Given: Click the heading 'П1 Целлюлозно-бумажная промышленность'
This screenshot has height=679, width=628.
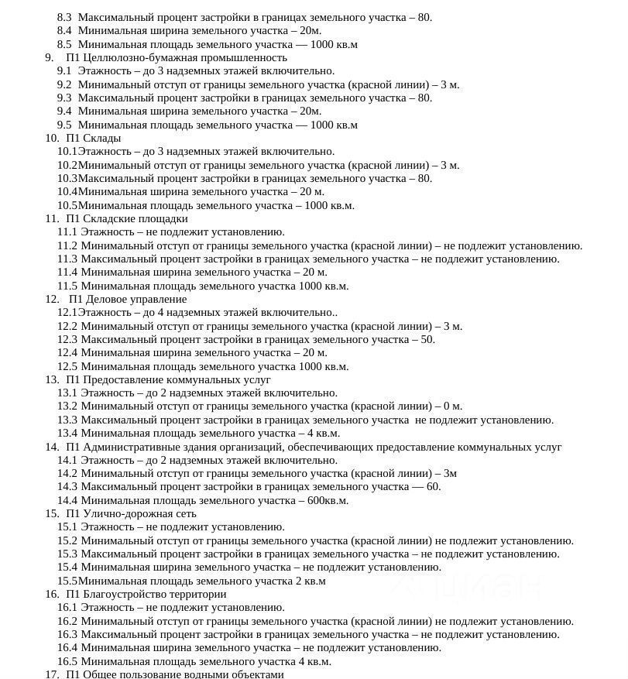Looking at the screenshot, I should [177, 57].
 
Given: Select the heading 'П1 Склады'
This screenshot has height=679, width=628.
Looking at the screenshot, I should [94, 138].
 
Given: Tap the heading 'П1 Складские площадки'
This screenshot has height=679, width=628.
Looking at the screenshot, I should [127, 218].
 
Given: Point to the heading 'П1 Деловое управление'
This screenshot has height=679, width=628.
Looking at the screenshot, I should [128, 299].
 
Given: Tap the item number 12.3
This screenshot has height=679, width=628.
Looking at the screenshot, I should [67, 339].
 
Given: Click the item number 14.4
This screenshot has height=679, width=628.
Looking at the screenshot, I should [67, 500].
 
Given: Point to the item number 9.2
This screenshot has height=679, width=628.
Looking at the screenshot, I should [64, 84].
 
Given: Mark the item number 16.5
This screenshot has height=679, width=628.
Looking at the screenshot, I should [67, 661].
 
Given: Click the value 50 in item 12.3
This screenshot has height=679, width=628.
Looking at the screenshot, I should [427, 339].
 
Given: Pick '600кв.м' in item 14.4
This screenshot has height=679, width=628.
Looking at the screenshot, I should [328, 500].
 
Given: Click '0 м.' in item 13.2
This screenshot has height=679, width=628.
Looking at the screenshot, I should [453, 406].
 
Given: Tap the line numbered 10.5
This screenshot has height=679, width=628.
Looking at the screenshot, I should [205, 205].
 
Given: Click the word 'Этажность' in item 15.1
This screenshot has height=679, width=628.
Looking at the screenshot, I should [107, 526].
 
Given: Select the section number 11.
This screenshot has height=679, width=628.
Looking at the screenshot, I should [52, 218].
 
